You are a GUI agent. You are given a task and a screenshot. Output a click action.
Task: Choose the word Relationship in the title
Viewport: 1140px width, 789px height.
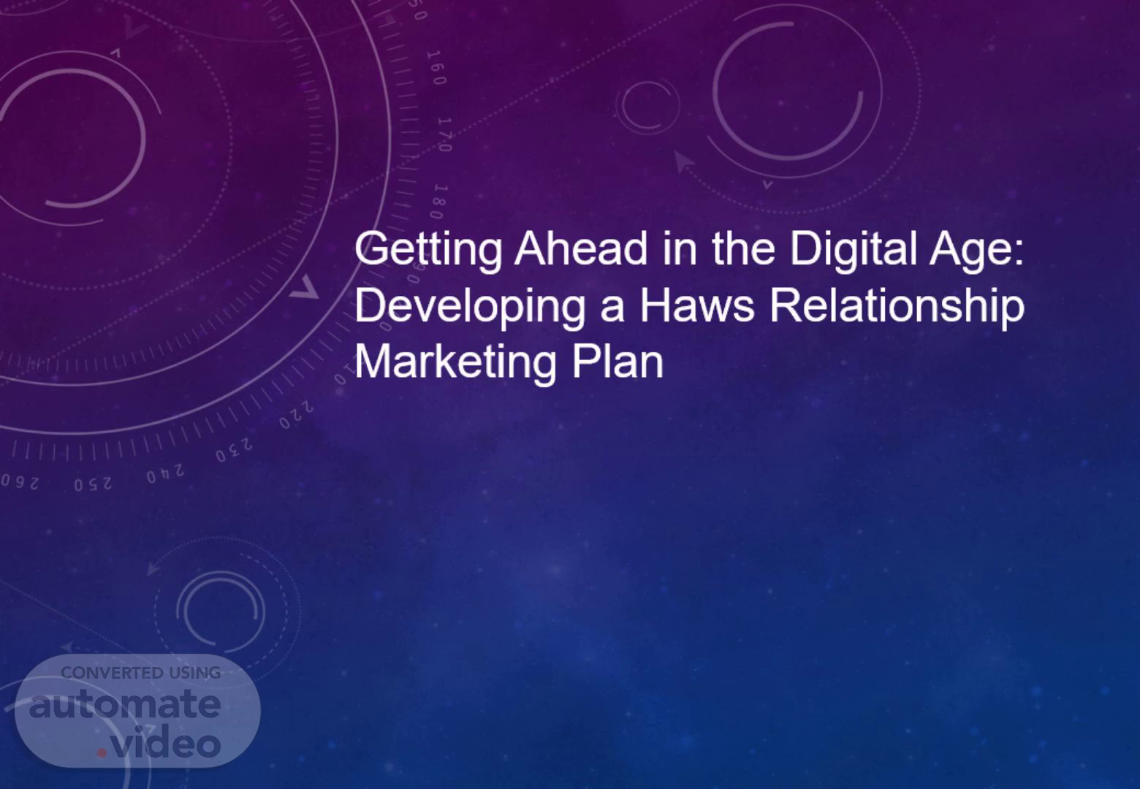pos(897,307)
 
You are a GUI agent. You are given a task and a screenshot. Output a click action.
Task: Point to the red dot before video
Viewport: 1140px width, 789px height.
pos(102,752)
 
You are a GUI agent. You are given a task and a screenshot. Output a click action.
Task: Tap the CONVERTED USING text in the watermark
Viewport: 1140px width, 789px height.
pos(140,673)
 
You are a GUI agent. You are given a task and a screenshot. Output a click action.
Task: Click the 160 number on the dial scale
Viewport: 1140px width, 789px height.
pos(436,67)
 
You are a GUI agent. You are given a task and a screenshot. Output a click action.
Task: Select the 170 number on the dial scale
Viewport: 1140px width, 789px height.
pos(445,134)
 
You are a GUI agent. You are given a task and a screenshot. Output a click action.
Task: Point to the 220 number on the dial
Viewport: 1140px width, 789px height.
pos(296,415)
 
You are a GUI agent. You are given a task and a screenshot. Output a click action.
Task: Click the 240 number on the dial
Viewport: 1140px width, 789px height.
pos(165,474)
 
